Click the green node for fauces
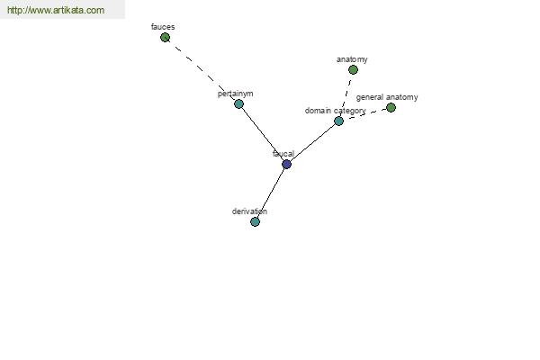click(x=165, y=37)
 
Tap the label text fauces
click(x=163, y=27)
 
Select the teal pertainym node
click(x=238, y=103)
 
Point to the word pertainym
click(x=235, y=94)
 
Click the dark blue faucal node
click(x=286, y=164)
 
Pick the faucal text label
click(x=283, y=154)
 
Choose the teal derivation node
click(x=255, y=221)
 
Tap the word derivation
click(x=249, y=211)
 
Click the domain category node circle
click(x=338, y=121)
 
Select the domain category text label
click(x=335, y=111)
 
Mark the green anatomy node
click(x=353, y=69)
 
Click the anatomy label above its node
click(x=352, y=59)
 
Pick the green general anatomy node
click(x=391, y=107)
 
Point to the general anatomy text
click(x=386, y=97)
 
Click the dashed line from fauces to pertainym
click(x=202, y=70)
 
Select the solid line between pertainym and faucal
click(x=262, y=133)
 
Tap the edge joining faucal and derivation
click(x=271, y=193)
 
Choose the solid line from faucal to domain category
click(x=312, y=142)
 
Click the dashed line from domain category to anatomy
click(x=346, y=94)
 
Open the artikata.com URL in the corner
click(x=56, y=11)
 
